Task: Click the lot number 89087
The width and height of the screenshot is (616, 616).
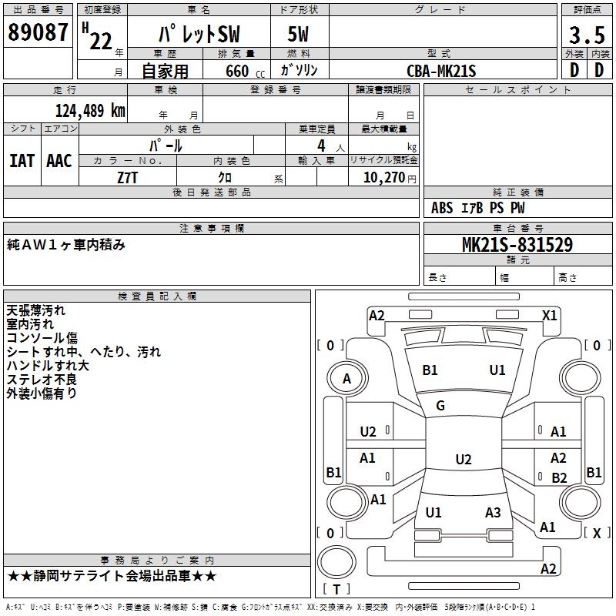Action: [x=38, y=32]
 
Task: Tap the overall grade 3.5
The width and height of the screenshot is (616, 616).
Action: [x=587, y=35]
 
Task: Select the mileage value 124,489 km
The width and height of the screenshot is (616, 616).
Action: [x=90, y=111]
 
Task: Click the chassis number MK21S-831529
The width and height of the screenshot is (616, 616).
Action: [x=517, y=245]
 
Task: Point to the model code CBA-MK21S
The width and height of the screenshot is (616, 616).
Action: [x=441, y=71]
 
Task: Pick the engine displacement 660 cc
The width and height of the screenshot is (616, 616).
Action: [x=245, y=71]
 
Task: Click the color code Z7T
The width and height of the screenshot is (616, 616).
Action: [x=127, y=178]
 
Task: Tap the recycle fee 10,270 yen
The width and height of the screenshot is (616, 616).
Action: [x=390, y=178]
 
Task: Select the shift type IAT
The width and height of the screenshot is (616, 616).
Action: [x=22, y=161]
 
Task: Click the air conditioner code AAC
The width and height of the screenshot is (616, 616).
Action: [x=59, y=161]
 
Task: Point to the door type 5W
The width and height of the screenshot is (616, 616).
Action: [x=298, y=34]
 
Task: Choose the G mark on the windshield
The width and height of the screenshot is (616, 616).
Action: [x=440, y=405]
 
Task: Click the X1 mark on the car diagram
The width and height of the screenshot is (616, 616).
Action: [x=549, y=315]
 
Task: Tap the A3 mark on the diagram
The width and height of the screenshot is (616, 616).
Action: [x=493, y=512]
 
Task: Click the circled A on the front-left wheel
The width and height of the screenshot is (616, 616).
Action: [x=347, y=379]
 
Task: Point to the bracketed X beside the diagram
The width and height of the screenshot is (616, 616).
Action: [x=597, y=533]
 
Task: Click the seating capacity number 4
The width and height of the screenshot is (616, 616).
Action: [x=321, y=146]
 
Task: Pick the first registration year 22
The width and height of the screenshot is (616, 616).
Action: [x=101, y=41]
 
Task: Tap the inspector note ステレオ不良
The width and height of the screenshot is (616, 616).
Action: [x=42, y=379]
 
